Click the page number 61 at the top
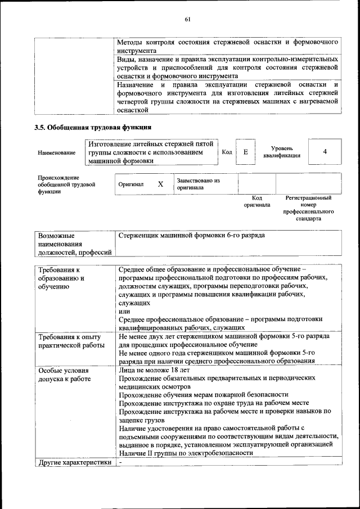coord(188,19)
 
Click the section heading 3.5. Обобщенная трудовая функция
coord(93,127)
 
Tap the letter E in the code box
coord(245,152)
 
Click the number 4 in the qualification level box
coord(325,152)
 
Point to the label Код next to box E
coord(227,152)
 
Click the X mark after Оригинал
coord(160,184)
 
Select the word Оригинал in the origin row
coord(131,184)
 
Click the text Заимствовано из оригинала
coord(198,184)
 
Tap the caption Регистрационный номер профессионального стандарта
coord(309,208)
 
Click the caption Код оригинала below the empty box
coord(256,201)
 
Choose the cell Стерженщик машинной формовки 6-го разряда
coord(192,235)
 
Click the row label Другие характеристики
coord(73,463)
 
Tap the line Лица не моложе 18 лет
coord(155,371)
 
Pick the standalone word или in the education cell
coord(124,311)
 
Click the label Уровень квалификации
coord(281,152)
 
